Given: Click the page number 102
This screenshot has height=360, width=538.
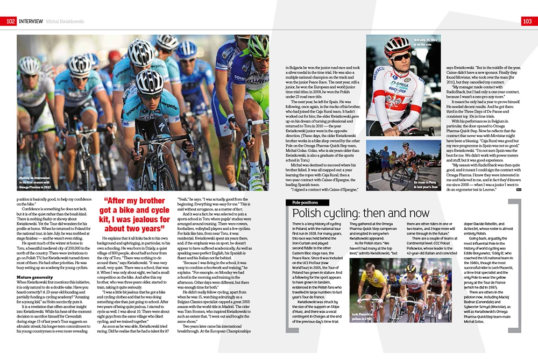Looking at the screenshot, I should [x=10, y=21].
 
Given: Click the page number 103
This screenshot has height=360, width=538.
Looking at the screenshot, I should [x=528, y=21].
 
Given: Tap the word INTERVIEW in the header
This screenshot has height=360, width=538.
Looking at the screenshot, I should [x=34, y=21].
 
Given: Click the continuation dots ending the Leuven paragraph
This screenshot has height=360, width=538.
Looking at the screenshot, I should [x=518, y=189].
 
